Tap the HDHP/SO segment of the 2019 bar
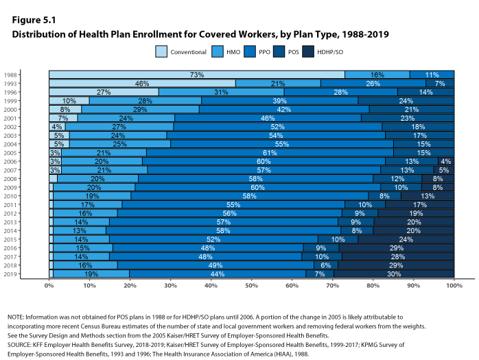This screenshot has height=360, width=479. [x=394, y=274]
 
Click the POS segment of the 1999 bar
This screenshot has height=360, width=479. [x=405, y=100]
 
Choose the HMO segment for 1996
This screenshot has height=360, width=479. [x=221, y=91]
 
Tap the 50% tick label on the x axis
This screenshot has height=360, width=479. [x=252, y=285]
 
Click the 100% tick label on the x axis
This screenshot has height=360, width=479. [x=454, y=285]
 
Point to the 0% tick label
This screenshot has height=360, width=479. [x=49, y=285]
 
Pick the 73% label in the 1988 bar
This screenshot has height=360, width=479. [x=197, y=75]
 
